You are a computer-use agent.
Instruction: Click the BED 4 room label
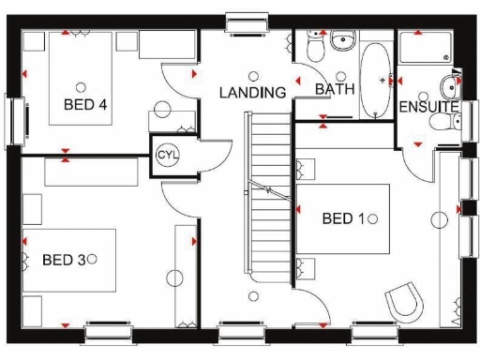pos(84,104)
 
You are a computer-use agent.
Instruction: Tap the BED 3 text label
pos(64,258)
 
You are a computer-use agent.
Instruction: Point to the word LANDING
pos(252,93)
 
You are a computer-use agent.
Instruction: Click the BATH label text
pos(333,89)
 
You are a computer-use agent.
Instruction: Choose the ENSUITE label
pos(428,108)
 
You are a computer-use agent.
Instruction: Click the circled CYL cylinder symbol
pos(166,154)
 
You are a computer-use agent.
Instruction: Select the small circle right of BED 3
pos(92,257)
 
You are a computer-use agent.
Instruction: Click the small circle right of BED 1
pos(373,218)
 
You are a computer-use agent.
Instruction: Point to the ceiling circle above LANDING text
pos(252,76)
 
